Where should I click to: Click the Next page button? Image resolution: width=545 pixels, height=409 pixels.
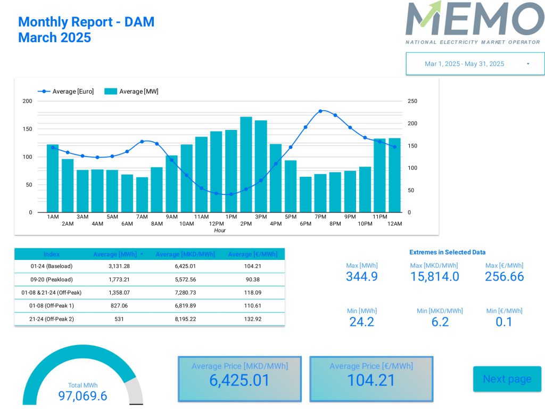click(x=507, y=379)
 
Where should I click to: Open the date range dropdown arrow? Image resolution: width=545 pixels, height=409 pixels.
click(x=528, y=64)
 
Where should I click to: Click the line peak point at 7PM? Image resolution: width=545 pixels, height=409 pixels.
click(x=320, y=111)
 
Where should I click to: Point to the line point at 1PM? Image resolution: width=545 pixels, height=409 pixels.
click(x=231, y=194)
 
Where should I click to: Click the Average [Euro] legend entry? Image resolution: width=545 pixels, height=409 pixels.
click(x=67, y=92)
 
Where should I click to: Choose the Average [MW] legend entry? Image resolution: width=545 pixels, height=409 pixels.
click(x=132, y=92)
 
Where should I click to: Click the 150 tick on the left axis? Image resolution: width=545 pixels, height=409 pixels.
click(x=27, y=129)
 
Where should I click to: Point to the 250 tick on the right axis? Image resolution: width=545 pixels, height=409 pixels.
click(x=412, y=101)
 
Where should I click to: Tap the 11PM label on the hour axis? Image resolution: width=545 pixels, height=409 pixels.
click(x=379, y=217)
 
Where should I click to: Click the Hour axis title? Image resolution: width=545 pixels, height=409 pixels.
click(x=220, y=231)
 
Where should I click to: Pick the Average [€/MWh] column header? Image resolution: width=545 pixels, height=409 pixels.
click(x=253, y=254)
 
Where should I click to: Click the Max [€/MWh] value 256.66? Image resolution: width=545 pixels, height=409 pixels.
click(x=504, y=276)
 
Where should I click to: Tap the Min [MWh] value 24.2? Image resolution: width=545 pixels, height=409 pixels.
click(x=362, y=322)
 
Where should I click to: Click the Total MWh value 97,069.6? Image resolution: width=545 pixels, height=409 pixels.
click(x=82, y=396)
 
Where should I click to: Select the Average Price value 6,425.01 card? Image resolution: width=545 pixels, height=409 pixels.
click(x=240, y=379)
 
